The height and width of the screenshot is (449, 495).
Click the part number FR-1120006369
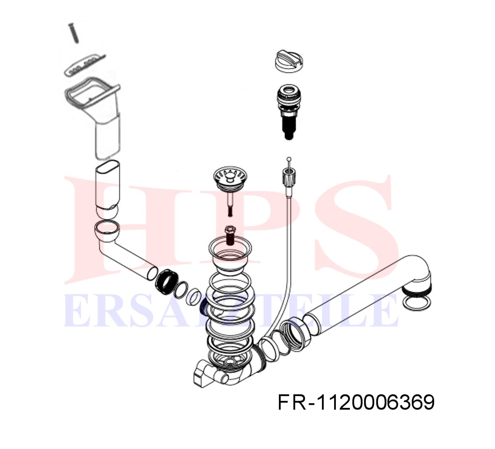tap(356, 402)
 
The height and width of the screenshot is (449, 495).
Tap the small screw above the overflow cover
tap(73, 33)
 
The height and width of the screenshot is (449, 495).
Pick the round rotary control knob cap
tap(289, 61)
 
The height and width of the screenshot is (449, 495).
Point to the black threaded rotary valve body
tap(289, 111)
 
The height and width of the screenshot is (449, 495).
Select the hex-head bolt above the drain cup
tap(230, 235)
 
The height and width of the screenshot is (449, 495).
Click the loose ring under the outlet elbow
tap(416, 303)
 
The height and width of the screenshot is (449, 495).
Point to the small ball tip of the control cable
tap(289, 159)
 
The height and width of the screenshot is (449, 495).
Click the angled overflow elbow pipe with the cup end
tap(125, 249)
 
